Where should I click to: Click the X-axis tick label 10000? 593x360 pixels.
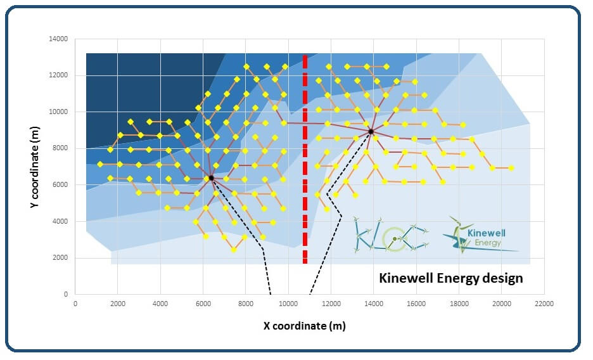click(288, 304)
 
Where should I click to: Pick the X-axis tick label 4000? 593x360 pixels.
click(160, 304)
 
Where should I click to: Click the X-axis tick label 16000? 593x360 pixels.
click(416, 304)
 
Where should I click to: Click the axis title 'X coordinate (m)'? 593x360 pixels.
click(305, 326)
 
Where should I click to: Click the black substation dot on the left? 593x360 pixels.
click(211, 177)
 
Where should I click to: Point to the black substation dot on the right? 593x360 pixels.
click(371, 131)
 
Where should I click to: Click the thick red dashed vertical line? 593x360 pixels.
click(305, 158)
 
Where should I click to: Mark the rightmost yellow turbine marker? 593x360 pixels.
click(511, 168)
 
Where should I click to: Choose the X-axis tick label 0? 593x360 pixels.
click(75, 304)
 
